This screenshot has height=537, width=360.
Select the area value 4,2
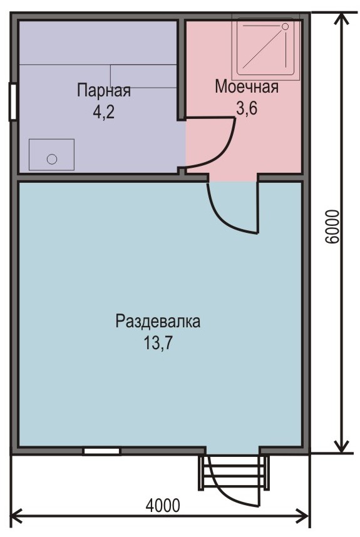(x=103, y=112)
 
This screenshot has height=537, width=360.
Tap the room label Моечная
(x=247, y=86)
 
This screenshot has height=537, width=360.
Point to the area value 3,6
(x=246, y=108)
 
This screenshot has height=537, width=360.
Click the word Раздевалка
(x=158, y=322)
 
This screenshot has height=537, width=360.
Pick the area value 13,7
(x=157, y=343)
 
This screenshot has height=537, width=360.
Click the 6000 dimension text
(x=332, y=227)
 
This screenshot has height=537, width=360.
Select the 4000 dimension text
(x=162, y=505)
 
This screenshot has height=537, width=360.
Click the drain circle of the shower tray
(x=285, y=26)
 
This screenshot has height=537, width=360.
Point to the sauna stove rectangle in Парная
(x=52, y=155)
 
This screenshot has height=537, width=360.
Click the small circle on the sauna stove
(x=52, y=159)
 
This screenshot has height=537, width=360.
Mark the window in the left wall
(x=13, y=102)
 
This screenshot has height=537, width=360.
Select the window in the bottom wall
(x=101, y=451)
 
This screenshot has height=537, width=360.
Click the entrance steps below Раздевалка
(x=233, y=473)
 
